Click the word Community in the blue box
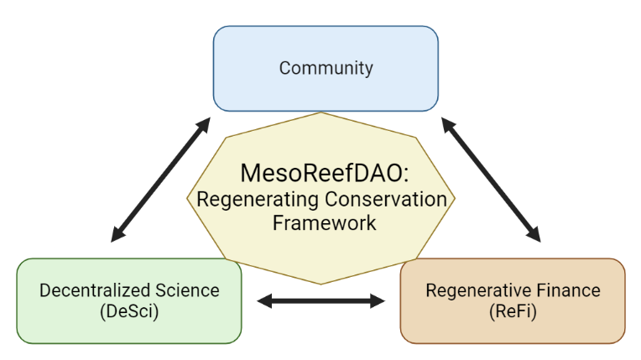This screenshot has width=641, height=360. point(326,68)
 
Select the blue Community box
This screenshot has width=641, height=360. point(326,69)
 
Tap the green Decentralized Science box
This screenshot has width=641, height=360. point(129,300)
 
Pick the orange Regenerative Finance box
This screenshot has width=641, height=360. point(513,300)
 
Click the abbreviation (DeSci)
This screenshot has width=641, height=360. point(129,311)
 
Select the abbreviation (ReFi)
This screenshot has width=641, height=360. point(513,311)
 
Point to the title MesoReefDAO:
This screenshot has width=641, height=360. point(325,173)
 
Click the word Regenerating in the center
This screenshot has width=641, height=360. point(258,201)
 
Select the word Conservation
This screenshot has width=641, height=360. point(386,199)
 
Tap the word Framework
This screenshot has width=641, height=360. point(324,223)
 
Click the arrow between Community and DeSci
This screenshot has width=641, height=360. point(160,180)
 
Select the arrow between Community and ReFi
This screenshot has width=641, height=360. point(491,180)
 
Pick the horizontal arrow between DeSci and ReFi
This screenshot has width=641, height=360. point(320,301)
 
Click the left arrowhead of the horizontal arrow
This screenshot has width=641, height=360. point(264,301)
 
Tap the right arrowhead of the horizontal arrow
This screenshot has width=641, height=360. point(378,301)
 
